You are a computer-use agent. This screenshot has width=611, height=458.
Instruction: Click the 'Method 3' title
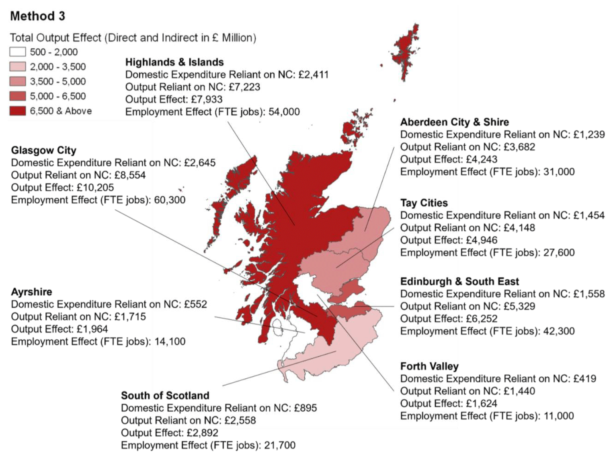(37, 16)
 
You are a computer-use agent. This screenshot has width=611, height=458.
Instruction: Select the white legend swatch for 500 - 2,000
(18, 52)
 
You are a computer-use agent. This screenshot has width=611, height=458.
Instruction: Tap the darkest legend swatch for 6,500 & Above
(18, 111)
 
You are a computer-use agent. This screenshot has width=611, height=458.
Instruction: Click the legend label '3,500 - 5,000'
(57, 82)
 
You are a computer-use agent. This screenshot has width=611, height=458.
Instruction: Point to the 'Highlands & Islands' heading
(174, 62)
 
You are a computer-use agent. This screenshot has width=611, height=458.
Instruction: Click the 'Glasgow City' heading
(43, 151)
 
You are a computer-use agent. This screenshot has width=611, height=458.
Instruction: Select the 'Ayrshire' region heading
(31, 292)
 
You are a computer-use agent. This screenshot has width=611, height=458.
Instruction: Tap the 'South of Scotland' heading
(165, 396)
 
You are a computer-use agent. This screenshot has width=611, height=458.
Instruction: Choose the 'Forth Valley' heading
(429, 367)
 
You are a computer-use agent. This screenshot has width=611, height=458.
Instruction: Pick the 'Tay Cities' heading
(424, 203)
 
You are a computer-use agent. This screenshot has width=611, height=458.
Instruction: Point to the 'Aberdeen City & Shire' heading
(454, 122)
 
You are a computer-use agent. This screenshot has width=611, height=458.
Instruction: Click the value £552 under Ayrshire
(195, 304)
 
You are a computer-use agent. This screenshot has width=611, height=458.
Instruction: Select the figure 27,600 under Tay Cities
(559, 253)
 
